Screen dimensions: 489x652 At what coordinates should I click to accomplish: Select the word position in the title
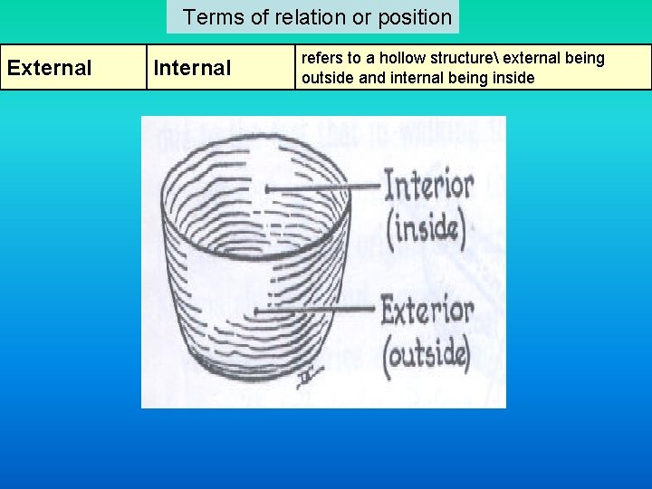pyautogui.click(x=412, y=17)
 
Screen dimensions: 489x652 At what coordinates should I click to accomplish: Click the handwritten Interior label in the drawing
pyautogui.click(x=428, y=186)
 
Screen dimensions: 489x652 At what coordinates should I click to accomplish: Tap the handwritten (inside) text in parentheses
pyautogui.click(x=426, y=227)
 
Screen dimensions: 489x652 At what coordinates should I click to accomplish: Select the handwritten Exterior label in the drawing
pyautogui.click(x=427, y=311)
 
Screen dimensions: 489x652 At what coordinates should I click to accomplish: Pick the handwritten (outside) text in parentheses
pyautogui.click(x=427, y=352)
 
